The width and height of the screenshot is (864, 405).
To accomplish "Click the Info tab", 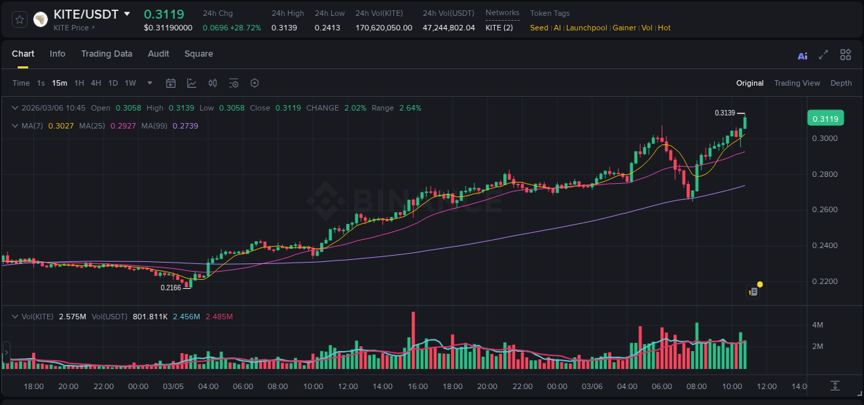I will (57, 54).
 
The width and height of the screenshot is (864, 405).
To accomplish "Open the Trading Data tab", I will (106, 54).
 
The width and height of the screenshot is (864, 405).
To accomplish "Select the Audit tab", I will (158, 54).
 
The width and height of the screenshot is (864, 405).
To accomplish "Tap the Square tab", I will (198, 54).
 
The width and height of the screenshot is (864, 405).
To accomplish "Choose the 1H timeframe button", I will (79, 83).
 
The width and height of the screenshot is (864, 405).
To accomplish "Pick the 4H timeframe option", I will (95, 83).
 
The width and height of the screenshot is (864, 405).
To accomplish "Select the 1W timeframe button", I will (130, 83).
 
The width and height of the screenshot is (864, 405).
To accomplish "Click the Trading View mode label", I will (797, 83).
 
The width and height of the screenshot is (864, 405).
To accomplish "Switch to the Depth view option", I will (841, 83).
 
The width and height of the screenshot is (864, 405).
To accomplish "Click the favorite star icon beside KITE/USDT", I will (19, 19).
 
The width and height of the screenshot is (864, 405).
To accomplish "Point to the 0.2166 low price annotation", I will (171, 288).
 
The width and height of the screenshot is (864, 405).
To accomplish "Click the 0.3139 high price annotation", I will (725, 113).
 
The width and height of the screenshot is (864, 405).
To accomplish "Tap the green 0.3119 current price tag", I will (825, 119).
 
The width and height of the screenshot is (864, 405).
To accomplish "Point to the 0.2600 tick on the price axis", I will (824, 210).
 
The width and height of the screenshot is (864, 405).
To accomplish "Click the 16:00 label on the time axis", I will (417, 386).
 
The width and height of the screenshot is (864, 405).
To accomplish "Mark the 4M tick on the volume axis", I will (817, 325).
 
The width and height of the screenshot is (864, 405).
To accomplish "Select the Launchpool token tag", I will (587, 28).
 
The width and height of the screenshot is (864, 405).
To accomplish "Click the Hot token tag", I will (664, 28).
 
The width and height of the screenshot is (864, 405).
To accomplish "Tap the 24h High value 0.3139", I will (284, 28).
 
